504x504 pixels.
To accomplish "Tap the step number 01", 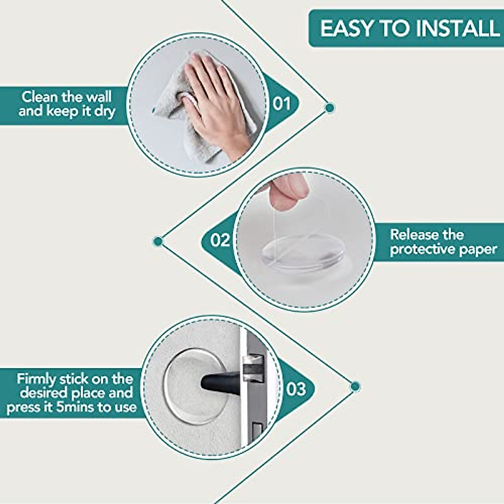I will coord(281,103).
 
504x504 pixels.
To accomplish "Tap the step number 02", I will coord(220,240).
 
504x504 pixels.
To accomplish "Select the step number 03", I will coord(296,389).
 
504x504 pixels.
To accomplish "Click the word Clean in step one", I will coord(39,97).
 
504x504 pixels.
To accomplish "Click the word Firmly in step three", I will coord(36,379).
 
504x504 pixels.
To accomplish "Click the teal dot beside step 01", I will coord(330,108).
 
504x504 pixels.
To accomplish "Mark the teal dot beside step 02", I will coord(158,241).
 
